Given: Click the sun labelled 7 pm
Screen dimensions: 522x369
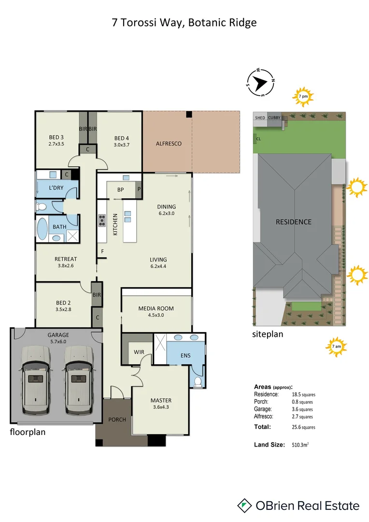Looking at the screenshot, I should [x=303, y=96].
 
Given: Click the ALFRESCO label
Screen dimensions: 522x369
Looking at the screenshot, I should [x=169, y=144].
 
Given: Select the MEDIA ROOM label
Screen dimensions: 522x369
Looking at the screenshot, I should [x=156, y=308].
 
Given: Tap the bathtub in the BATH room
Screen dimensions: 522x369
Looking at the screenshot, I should [x=43, y=230].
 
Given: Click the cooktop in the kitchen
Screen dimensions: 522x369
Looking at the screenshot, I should [x=102, y=220].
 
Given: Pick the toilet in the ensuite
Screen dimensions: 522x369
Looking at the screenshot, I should [x=198, y=381].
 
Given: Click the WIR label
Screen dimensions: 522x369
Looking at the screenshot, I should [x=139, y=352].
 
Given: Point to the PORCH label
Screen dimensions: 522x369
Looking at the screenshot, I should [x=117, y=420].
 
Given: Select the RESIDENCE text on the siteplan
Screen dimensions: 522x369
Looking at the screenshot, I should [x=293, y=222].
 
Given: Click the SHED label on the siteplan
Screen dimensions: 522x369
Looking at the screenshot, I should [x=259, y=117].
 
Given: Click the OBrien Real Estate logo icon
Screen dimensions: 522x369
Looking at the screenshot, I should [x=245, y=506].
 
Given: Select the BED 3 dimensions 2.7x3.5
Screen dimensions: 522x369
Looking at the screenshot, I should [x=57, y=144].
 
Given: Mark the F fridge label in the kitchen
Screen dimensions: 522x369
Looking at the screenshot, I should [x=102, y=251].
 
